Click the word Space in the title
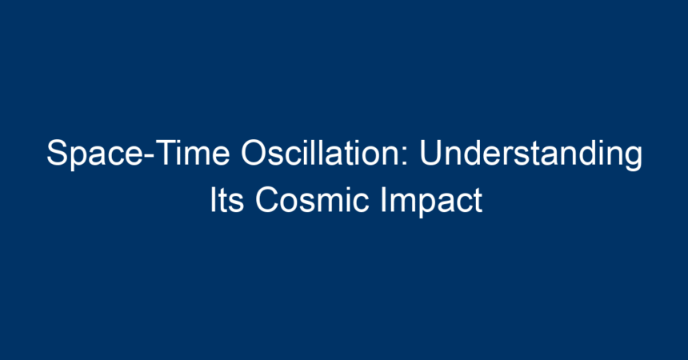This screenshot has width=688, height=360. (x=94, y=154)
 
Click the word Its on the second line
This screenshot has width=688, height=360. (x=226, y=200)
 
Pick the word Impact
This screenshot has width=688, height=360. (x=432, y=202)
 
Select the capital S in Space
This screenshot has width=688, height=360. (x=57, y=153)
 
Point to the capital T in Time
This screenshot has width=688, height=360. (x=166, y=154)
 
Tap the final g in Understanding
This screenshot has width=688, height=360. (x=633, y=159)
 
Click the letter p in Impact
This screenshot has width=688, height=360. (x=423, y=206)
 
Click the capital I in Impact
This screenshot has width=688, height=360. (x=382, y=200)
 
